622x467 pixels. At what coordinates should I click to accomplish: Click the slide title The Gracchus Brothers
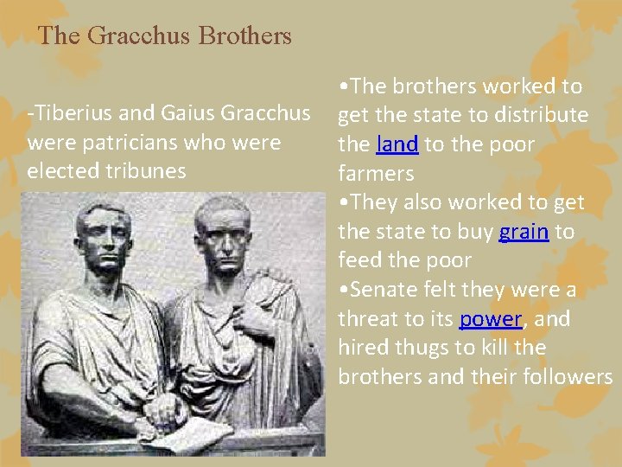coord(165,36)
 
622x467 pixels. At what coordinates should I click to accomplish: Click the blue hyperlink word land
coord(397,144)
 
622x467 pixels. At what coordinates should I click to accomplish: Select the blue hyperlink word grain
coord(524,232)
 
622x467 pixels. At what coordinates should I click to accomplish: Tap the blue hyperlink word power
coord(491,319)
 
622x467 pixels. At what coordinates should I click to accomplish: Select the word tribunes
coord(143,170)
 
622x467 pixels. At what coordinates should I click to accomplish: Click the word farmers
coord(376,174)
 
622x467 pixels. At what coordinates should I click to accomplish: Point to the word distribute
coord(544,115)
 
